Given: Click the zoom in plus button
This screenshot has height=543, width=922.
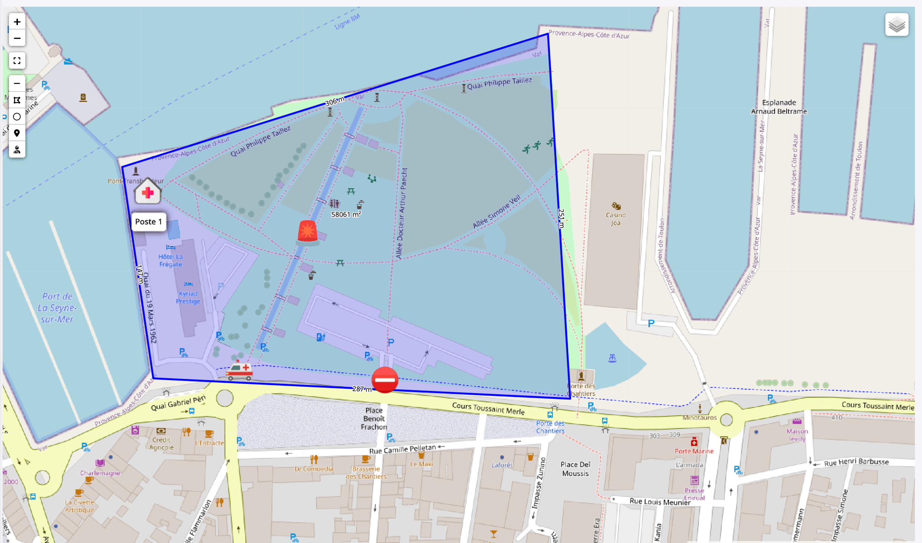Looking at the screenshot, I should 17,22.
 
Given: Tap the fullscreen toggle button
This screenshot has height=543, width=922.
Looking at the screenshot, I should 17,61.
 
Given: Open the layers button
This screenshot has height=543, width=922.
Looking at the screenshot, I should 897,25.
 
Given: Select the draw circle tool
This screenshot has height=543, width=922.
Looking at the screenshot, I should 17,117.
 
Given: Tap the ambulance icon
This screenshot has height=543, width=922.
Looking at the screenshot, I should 239,371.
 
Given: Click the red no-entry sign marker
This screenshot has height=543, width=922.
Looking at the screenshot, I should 385,380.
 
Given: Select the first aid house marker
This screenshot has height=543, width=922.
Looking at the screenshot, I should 148,191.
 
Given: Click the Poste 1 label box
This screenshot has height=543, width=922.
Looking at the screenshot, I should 149,222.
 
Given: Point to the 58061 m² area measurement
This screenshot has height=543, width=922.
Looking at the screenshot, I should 346,215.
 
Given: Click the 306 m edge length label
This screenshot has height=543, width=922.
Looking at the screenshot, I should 334,101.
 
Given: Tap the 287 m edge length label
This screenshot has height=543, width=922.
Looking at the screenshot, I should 362,389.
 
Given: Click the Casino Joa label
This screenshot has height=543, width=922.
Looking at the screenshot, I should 616,219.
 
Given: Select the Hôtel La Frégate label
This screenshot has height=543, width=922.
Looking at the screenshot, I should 171,261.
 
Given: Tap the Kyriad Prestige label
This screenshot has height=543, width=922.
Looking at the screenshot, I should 188,298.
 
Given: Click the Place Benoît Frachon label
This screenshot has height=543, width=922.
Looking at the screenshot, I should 374,419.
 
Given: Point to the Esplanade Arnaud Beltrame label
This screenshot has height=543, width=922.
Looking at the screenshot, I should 779,107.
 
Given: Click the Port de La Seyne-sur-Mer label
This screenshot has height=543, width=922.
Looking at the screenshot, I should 57,308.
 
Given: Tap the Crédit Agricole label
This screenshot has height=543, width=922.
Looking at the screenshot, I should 161,444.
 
